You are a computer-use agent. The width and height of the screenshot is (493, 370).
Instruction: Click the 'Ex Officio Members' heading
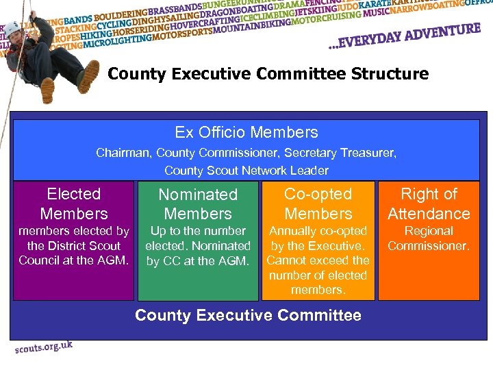pos(246,132)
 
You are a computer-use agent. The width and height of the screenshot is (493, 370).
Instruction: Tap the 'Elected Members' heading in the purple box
pos(74,203)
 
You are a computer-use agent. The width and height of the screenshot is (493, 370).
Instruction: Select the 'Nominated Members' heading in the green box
pos(198,204)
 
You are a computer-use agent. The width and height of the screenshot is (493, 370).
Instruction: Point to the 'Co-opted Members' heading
pos(318,203)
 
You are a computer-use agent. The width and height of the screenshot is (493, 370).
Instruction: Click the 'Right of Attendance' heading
pos(429,203)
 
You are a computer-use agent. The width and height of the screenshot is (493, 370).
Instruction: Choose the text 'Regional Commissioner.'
pos(429,238)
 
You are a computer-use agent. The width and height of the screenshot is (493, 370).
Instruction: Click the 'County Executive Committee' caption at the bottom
pos(248,315)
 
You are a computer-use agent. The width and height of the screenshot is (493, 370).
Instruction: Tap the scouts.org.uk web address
pos(44,347)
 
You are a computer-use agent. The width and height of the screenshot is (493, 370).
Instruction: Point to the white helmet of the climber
pos(12,28)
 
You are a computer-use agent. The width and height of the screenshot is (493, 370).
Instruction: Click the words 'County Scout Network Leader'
pos(246,170)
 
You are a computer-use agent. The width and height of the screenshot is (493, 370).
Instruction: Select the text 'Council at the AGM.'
pos(74,260)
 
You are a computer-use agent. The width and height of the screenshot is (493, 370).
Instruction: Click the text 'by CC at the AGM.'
pos(198,260)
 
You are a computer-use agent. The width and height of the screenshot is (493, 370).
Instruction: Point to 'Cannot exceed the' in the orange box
pos(318,260)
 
